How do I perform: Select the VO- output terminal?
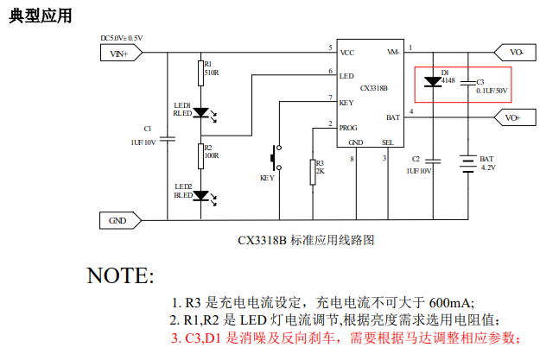[x=517, y=53]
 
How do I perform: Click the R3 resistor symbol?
[x=312, y=172]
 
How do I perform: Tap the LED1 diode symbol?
[x=200, y=112]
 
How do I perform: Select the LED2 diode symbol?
[x=200, y=195]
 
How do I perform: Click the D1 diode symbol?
[x=435, y=83]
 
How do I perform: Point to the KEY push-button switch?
[x=275, y=159]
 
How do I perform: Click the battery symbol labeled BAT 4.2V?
[x=467, y=163]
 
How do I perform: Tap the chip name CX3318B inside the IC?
[x=373, y=87]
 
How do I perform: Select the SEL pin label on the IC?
[x=388, y=142]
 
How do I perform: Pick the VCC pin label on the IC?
[x=347, y=53]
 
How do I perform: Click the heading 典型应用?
[x=41, y=16]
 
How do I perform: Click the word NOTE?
[x=120, y=275]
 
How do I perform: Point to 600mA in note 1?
[x=450, y=302]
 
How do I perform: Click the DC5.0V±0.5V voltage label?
[x=122, y=38]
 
